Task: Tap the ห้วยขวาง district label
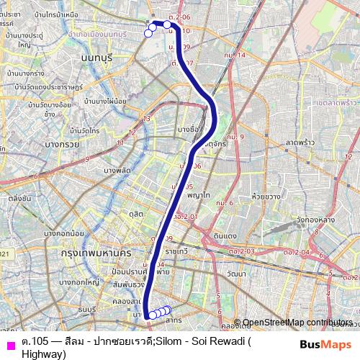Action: [x=266, y=195]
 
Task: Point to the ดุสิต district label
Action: [x=137, y=214]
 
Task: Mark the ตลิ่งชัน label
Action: [x=19, y=197]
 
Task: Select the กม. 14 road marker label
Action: [x=234, y=55]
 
